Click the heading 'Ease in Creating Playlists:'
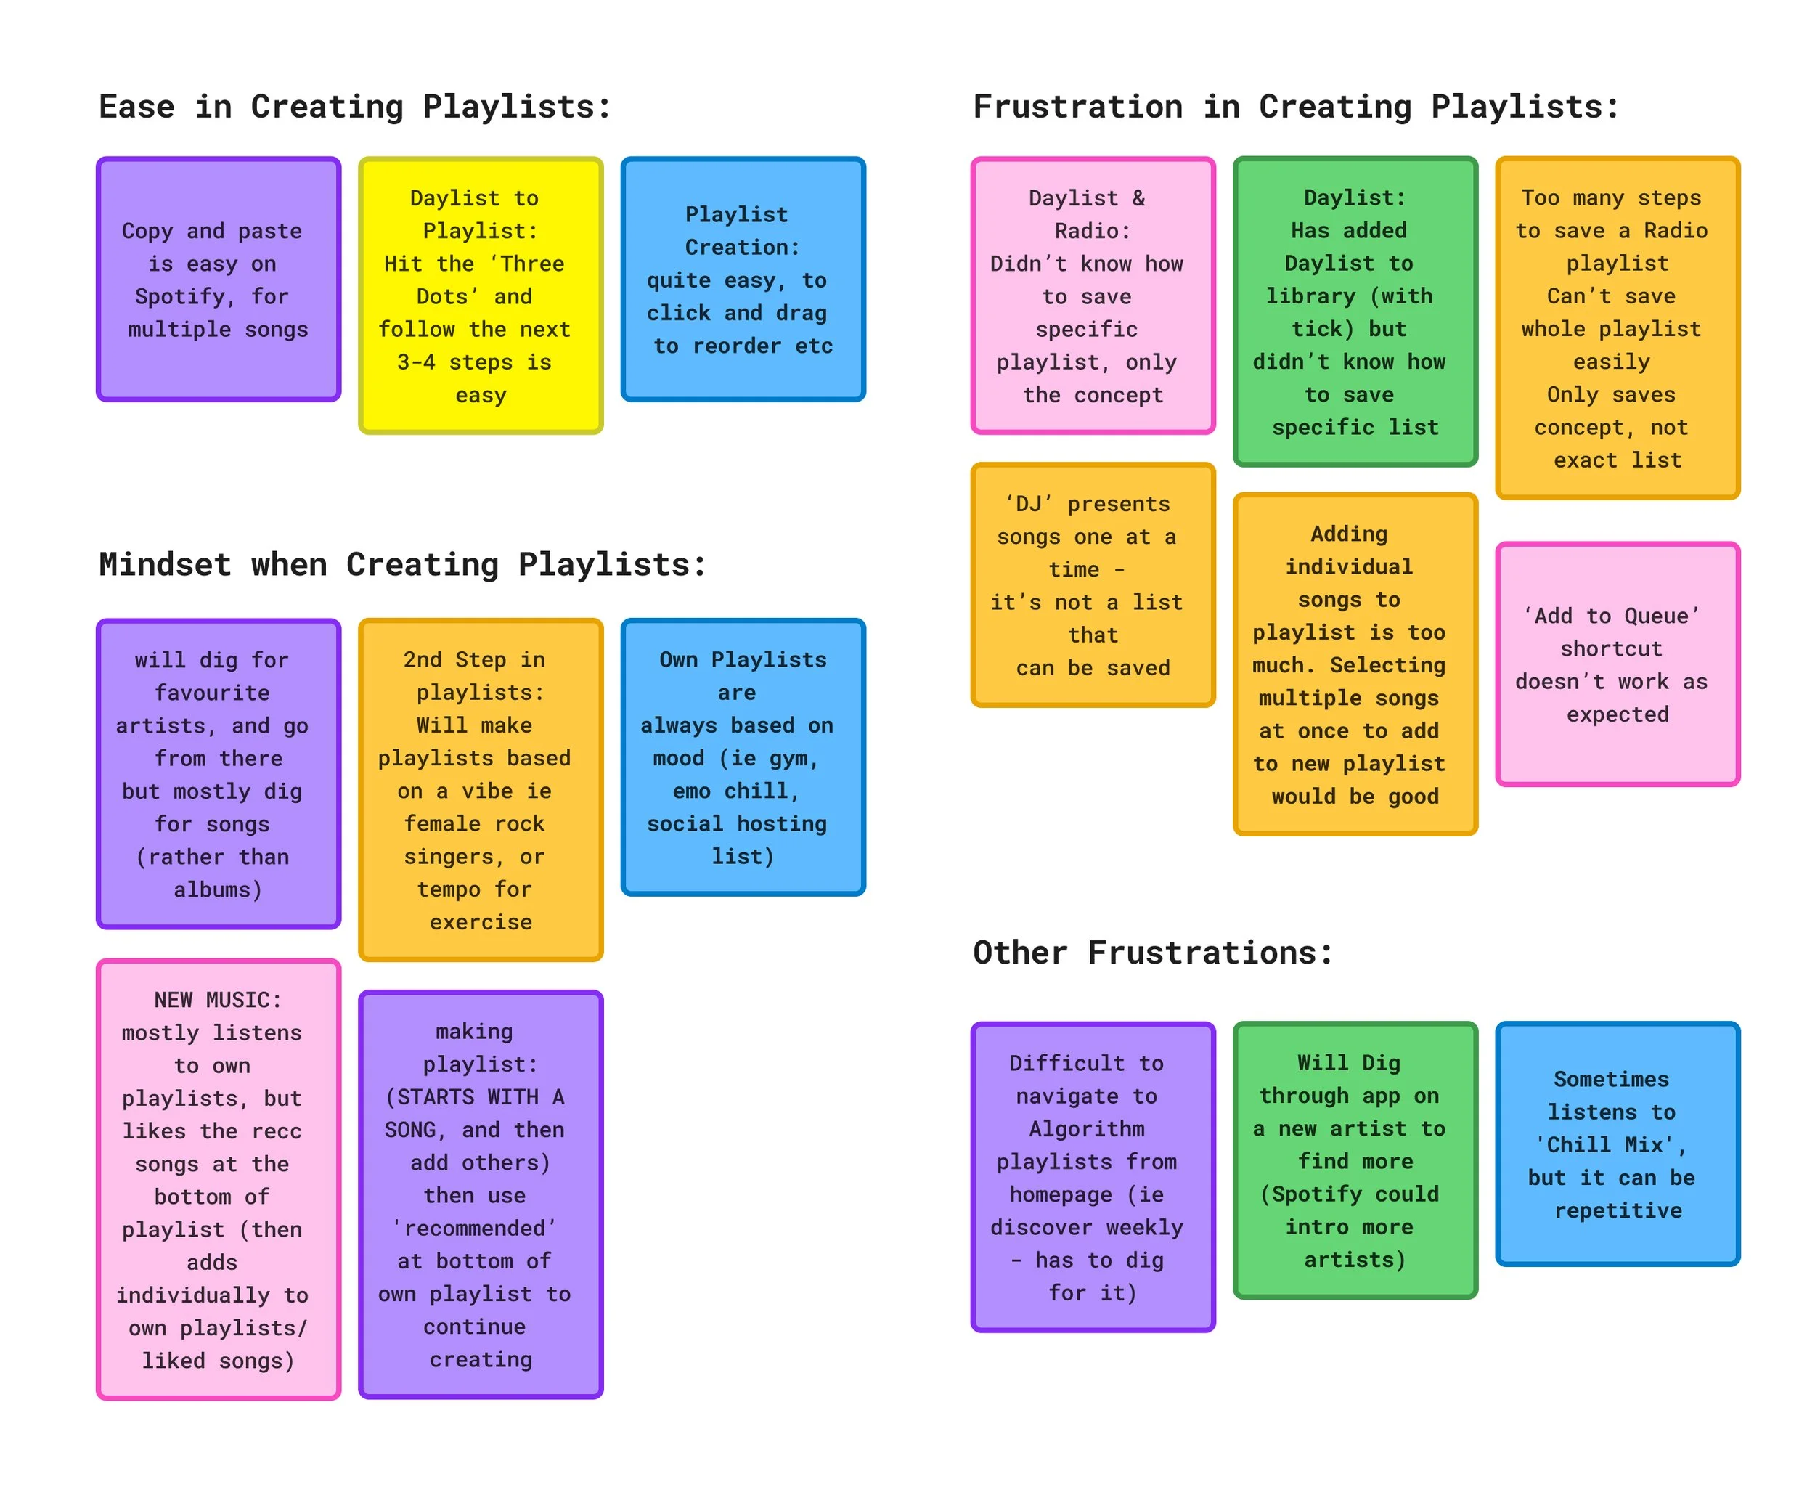click(x=354, y=107)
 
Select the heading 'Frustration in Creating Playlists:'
click(x=1295, y=107)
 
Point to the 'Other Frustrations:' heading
click(x=1152, y=953)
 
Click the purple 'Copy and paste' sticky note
click(x=219, y=280)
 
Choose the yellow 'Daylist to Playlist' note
click(x=481, y=296)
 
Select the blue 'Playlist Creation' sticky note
click(x=743, y=280)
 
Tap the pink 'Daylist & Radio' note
click(x=1092, y=296)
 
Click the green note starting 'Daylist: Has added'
click(x=1354, y=311)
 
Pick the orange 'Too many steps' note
click(x=1616, y=328)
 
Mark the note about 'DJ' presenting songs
click(x=1092, y=585)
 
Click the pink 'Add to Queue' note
click(x=1616, y=664)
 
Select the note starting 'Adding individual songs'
click(x=1354, y=664)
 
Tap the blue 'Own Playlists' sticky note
click(x=743, y=757)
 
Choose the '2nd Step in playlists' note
click(x=481, y=790)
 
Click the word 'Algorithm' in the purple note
click(x=1086, y=1129)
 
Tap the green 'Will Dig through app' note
click(x=1354, y=1161)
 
